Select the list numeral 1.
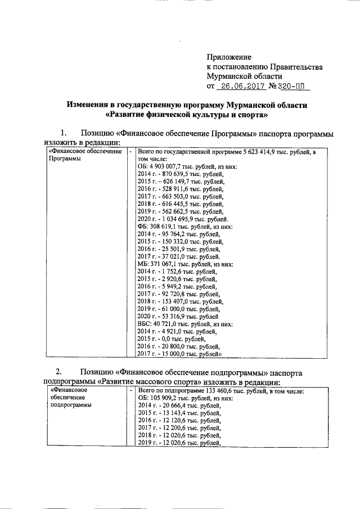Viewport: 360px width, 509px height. pyautogui.click(x=64, y=134)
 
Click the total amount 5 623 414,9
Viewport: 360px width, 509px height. pyautogui.click(x=264, y=152)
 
